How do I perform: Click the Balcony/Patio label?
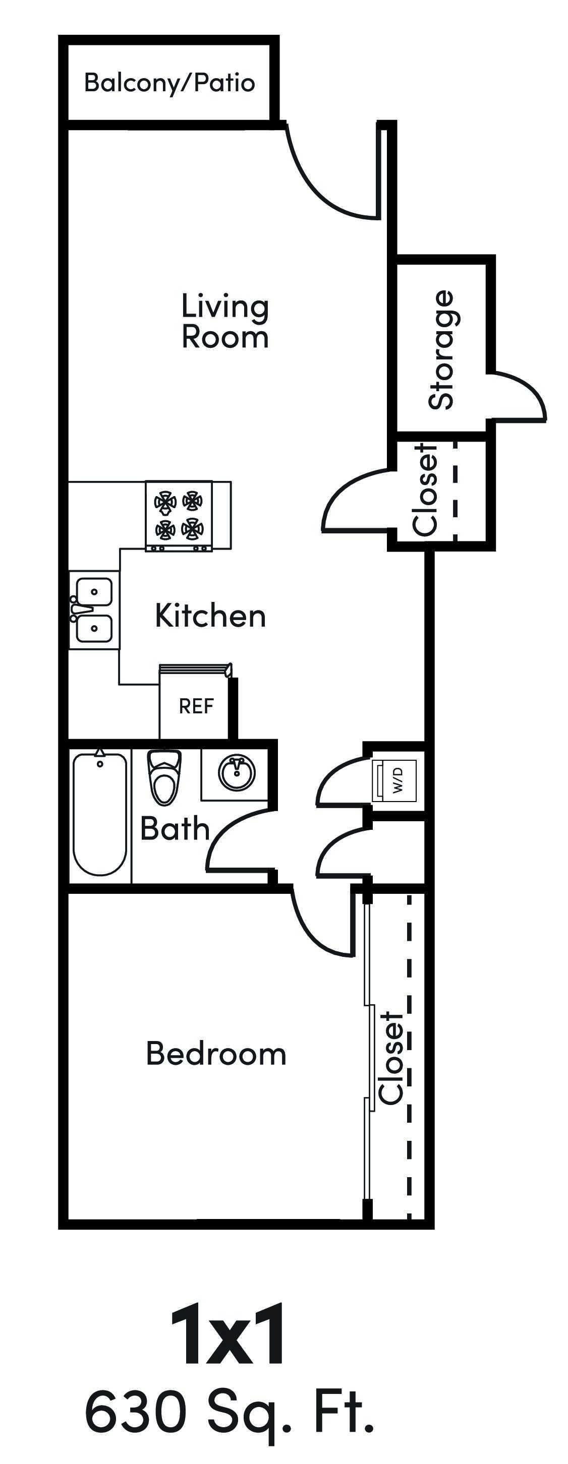(169, 83)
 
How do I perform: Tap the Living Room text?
(224, 322)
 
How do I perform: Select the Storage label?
(441, 349)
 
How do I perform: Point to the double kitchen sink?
(94, 611)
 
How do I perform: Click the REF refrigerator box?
(196, 706)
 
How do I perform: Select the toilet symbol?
(164, 777)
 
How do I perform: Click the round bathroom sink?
(237, 773)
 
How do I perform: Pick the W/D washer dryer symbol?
(396, 780)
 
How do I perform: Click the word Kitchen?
(210, 616)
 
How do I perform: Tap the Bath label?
(175, 829)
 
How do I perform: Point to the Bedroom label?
(216, 1054)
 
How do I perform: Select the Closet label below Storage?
(425, 490)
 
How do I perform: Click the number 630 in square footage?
(135, 1411)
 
